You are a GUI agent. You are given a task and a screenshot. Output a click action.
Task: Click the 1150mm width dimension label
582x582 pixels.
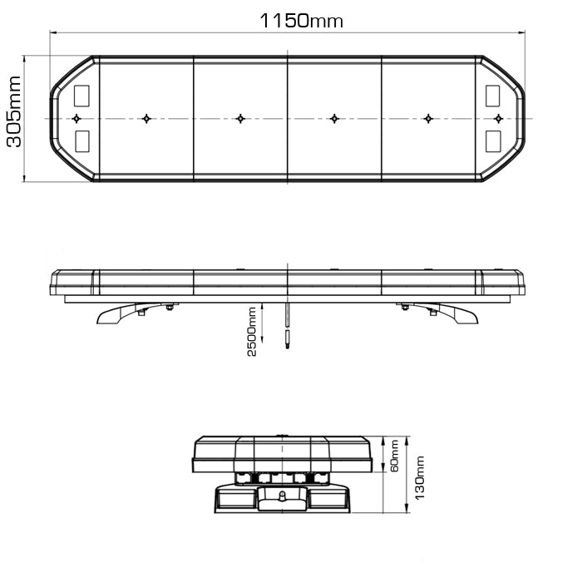point(301,21)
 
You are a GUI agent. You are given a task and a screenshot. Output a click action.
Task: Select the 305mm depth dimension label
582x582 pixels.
point(14,119)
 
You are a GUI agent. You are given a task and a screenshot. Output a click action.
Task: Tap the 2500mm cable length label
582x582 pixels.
point(252,331)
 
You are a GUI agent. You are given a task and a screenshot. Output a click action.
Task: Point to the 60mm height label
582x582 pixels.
point(393,455)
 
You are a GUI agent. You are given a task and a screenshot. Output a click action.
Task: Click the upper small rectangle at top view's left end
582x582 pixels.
point(83,95)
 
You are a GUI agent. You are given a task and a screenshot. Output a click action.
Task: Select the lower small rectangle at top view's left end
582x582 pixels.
point(83,141)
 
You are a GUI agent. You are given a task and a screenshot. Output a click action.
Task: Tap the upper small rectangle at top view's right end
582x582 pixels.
point(495,95)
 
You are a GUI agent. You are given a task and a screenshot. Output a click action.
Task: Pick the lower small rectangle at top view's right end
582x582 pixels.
point(495,141)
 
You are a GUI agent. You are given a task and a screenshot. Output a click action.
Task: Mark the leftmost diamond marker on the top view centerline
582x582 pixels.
point(76,118)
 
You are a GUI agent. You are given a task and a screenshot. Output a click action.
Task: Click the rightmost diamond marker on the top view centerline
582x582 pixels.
point(499,118)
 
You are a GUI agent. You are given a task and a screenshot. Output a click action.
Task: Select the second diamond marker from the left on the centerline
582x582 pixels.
point(146,118)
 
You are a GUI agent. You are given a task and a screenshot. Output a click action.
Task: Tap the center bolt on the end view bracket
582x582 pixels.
point(282,496)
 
